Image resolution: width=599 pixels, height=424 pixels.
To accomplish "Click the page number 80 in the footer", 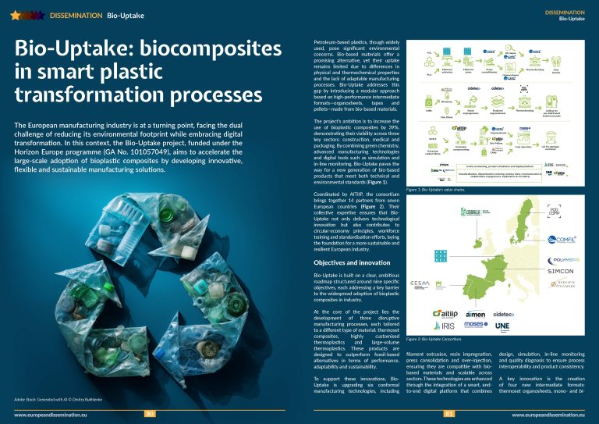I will click(x=151, y=413).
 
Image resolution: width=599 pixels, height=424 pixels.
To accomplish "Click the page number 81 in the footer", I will click(x=448, y=413).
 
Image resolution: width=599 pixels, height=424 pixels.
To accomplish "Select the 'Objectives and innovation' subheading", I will click(x=346, y=263).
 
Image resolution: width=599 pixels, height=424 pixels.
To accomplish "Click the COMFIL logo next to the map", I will click(x=562, y=240).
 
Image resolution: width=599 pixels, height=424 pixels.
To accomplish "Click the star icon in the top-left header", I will click(x=9, y=14).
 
